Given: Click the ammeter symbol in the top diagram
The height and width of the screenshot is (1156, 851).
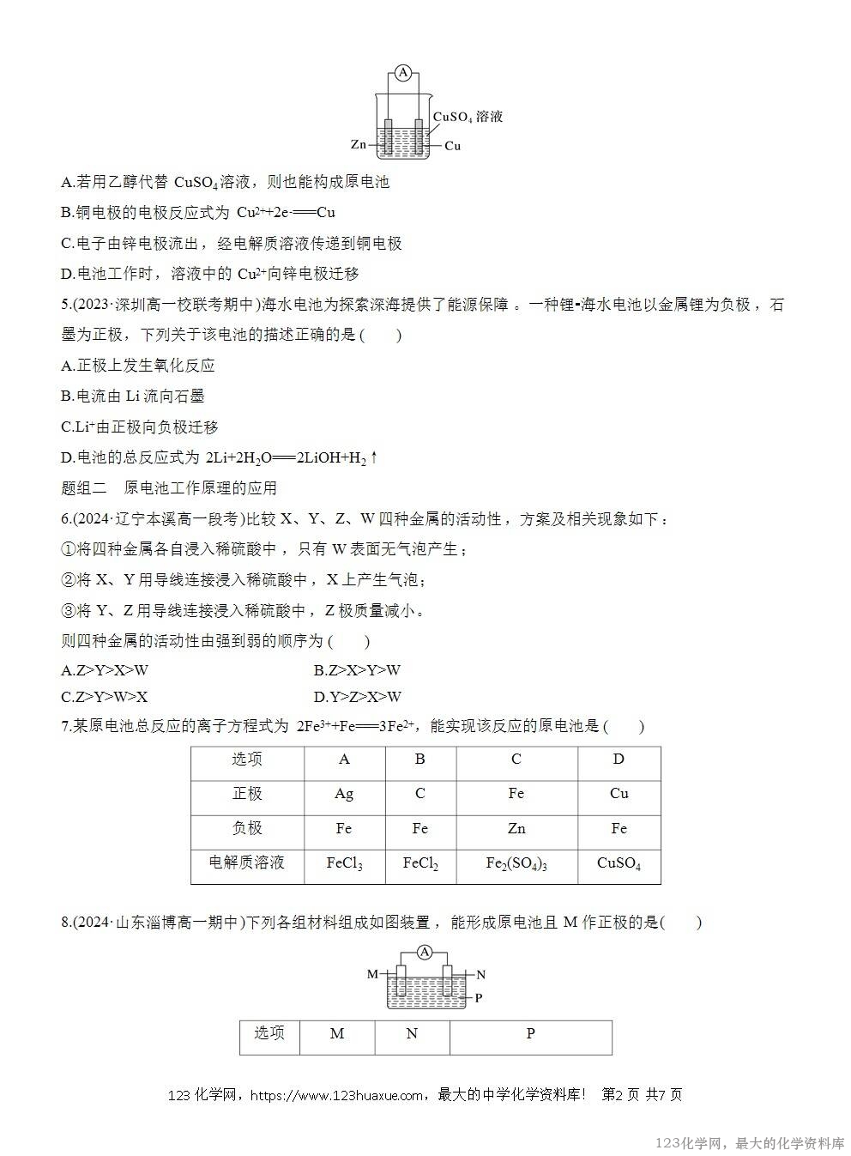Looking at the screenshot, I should coord(403,73).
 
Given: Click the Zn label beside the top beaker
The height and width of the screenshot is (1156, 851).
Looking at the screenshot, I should coord(359,146).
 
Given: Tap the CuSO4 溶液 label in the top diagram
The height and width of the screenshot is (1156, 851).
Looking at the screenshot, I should coord(468,117).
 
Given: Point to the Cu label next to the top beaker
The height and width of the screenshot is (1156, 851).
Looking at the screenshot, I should coord(453,146).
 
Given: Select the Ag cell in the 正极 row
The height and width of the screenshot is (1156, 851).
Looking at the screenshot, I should coord(344,794).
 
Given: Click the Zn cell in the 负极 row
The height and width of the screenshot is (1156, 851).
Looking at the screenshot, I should coord(516,828).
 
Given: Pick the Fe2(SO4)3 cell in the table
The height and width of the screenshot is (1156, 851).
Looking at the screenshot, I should coord(516,863).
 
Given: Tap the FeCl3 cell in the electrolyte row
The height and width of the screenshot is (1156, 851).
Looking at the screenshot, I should coord(344,863).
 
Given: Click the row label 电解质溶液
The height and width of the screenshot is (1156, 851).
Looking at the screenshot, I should coord(246,862).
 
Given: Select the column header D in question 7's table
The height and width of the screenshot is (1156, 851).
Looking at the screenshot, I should coord(619,760).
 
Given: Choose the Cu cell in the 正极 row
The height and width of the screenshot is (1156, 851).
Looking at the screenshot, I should coord(619,794).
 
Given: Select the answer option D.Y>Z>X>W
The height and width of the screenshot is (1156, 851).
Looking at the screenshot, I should coord(358,697).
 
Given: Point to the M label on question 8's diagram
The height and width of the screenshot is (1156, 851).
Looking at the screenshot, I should coord(372,974).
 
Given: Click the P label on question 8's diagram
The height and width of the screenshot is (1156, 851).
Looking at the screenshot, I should coord(479,998).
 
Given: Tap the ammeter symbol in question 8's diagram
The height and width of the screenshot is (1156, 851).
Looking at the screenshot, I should coord(425,951).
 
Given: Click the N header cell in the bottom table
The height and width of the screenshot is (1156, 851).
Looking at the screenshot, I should coord(412,1034).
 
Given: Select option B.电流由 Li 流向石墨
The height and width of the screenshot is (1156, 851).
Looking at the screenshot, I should coord(133,396).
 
